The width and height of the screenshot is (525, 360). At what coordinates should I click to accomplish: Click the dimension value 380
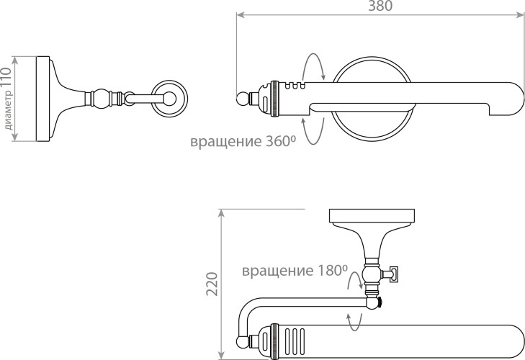380,6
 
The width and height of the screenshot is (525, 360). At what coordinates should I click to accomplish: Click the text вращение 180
294,271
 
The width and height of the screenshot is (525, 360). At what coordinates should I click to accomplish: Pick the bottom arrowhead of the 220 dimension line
222,355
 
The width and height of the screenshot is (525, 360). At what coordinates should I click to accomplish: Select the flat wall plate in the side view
43,98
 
